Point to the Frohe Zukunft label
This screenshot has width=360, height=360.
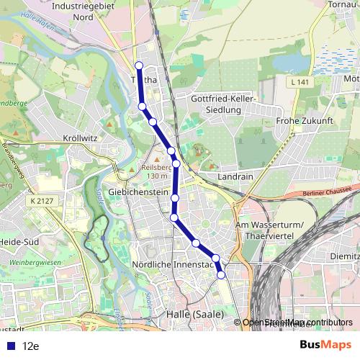301,121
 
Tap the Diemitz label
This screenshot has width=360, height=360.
345,254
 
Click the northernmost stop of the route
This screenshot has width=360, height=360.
139,66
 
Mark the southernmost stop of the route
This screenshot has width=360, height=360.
221,274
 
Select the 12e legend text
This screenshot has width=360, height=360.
30,346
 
